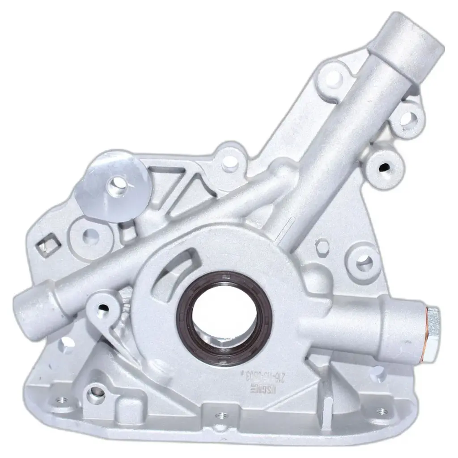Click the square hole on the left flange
[49, 245]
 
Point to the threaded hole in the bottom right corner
[382, 411]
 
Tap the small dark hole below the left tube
[102, 307]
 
